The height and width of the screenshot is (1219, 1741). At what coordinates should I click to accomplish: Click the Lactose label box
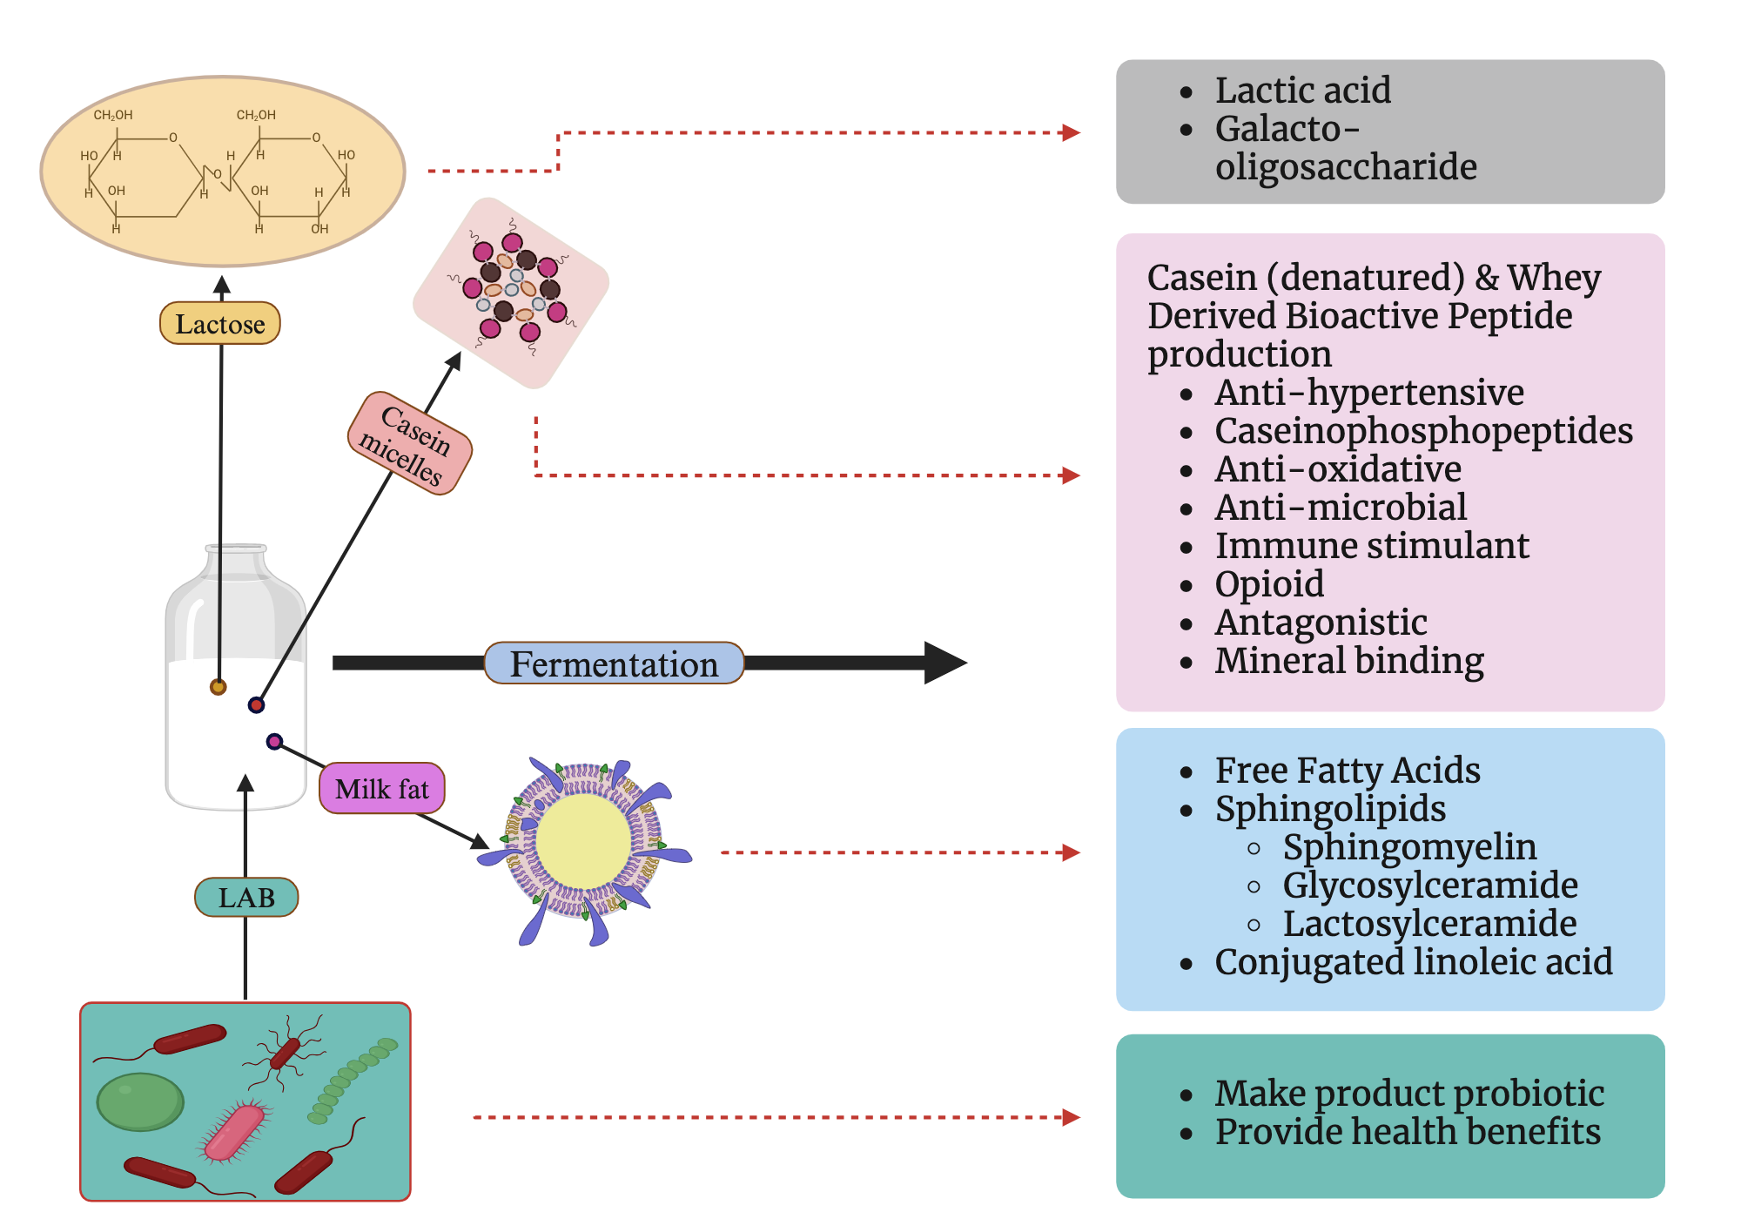point(219,324)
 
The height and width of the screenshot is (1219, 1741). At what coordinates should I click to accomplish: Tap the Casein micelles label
point(409,443)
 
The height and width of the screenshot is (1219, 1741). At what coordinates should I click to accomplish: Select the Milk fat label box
point(381,789)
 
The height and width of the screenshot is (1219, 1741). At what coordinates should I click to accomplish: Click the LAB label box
point(246,897)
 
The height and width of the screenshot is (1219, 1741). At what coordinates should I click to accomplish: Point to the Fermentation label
point(614,663)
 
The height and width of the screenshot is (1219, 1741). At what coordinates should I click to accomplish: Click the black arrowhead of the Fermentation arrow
point(944,663)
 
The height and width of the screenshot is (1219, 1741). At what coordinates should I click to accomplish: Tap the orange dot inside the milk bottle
point(218,687)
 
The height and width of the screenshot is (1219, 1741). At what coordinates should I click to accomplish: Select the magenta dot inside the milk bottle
point(274,742)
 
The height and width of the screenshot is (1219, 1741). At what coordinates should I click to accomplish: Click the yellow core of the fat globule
point(582,842)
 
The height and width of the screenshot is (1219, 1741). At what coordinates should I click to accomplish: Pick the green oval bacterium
point(139,1101)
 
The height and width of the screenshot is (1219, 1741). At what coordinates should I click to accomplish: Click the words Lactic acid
point(1302,91)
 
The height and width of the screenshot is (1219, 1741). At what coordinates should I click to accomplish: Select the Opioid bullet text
point(1269,584)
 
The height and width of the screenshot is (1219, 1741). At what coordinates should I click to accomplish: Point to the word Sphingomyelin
point(1409,847)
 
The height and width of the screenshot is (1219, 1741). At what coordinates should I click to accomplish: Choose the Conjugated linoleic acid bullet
point(1413,962)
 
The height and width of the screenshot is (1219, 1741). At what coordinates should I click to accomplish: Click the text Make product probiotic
point(1408,1094)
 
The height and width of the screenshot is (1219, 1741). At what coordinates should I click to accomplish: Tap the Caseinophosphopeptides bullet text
point(1423,431)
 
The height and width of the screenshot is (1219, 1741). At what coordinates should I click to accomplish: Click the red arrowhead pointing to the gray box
point(1072,133)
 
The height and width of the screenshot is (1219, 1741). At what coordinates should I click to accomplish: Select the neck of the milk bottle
point(236,562)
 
